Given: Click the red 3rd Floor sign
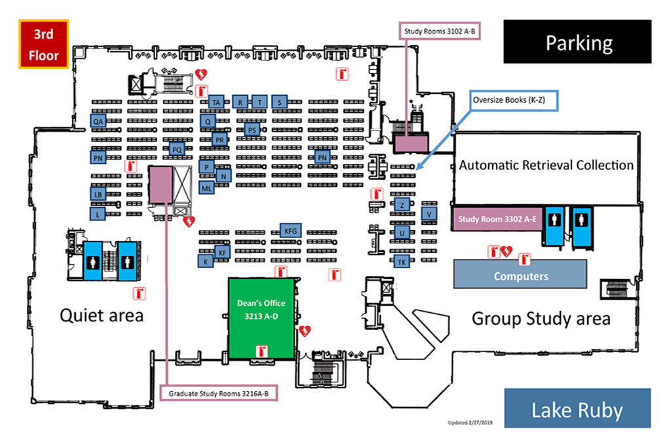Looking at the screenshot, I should tap(43, 44).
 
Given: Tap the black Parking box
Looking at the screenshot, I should tap(577, 42).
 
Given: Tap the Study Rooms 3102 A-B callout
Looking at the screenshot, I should tap(440, 31).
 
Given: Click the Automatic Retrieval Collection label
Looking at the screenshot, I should tap(546, 165).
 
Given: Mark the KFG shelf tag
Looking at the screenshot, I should tap(290, 230).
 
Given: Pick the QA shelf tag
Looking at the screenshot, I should tap(98, 121).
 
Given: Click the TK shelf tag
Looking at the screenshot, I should tap(402, 262).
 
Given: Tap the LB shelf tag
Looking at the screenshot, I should tap(98, 194).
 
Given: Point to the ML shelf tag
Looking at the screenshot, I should tap(206, 188).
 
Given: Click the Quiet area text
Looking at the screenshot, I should tap(102, 316).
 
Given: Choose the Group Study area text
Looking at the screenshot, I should tap(541, 319).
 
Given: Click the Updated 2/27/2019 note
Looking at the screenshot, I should tap(469, 422).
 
